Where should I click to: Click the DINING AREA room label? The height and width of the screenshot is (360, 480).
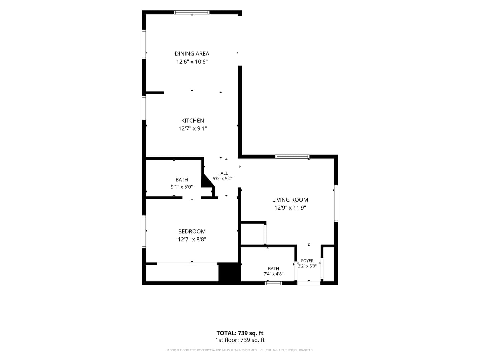[192, 54]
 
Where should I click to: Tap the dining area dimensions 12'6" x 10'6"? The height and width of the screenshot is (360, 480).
[192, 62]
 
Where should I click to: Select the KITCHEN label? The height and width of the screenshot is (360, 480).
[192, 120]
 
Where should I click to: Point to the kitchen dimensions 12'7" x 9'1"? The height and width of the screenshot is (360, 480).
[192, 129]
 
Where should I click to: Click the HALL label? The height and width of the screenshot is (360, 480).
[223, 173]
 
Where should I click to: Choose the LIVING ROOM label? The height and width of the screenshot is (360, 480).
[290, 200]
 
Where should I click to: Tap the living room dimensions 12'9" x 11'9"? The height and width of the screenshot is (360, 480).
[290, 208]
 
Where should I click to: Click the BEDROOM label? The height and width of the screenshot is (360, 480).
[192, 231]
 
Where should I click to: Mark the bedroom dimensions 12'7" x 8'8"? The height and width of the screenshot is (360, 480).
[192, 239]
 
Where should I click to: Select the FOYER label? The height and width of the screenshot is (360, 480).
[307, 261]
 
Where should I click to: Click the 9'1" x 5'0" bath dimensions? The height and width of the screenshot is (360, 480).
[182, 187]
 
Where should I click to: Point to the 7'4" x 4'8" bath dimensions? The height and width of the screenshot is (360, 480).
[273, 274]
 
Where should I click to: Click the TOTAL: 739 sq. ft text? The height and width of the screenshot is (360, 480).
[240, 333]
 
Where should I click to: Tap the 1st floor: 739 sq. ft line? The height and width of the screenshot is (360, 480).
[240, 340]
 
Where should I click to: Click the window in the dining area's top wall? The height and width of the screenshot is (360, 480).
[192, 12]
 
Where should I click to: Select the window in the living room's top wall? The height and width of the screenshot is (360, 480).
[292, 157]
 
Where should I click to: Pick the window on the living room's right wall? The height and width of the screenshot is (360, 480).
[336, 203]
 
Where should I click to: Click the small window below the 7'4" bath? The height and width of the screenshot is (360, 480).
[273, 283]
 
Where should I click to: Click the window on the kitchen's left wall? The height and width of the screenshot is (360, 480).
[144, 108]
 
